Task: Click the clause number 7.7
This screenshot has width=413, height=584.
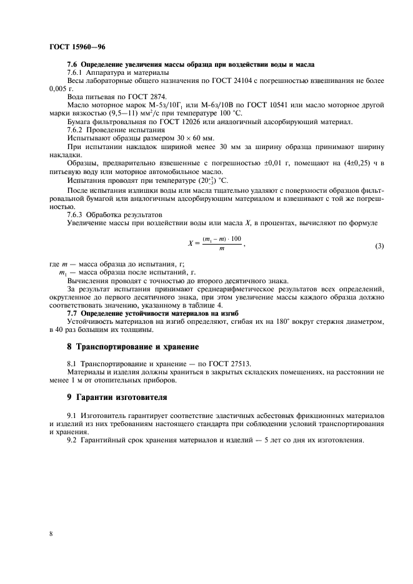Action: point(74,313)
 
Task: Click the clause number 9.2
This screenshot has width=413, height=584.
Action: point(73,441)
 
